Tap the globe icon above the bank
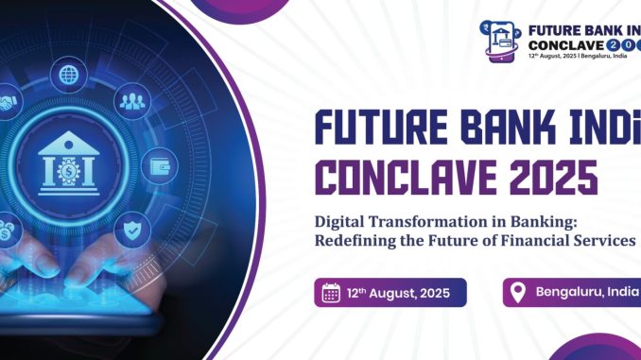[x=68, y=73]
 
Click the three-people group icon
[x=130, y=101]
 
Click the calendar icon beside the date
[x=331, y=292]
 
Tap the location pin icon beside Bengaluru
[x=517, y=292]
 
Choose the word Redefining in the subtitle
[x=359, y=241]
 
